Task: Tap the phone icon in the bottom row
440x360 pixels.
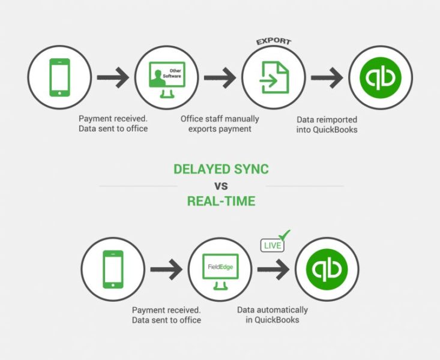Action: [112, 269]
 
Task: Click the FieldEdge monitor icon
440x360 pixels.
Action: [219, 269]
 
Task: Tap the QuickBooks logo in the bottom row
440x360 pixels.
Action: [328, 269]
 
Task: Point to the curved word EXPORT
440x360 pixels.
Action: [274, 41]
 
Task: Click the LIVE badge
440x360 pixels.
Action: [272, 245]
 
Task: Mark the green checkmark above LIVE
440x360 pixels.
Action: [285, 235]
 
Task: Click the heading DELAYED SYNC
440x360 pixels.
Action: [221, 169]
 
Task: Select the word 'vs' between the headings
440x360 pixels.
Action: [221, 185]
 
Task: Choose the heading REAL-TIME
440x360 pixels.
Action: [221, 202]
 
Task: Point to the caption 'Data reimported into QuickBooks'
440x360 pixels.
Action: [327, 124]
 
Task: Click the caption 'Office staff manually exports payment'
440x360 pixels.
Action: [219, 124]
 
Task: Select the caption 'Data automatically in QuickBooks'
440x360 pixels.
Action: [272, 315]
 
